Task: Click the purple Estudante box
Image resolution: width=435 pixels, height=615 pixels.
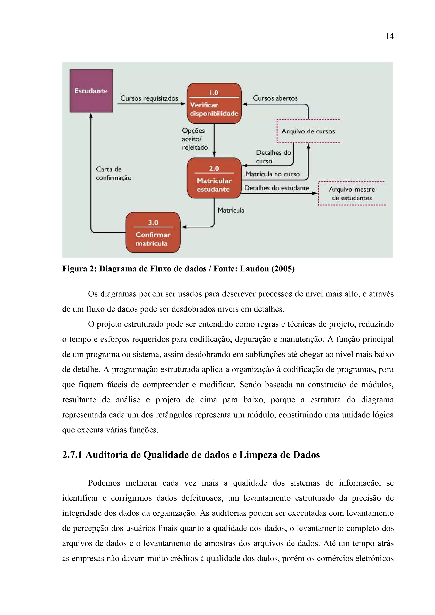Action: [91, 91]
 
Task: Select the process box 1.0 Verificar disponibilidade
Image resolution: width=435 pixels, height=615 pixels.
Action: [214, 103]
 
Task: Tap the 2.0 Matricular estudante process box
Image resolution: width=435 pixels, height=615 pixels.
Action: [214, 178]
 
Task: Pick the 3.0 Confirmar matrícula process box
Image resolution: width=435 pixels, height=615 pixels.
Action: [153, 232]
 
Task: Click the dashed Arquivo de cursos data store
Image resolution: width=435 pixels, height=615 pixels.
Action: [308, 131]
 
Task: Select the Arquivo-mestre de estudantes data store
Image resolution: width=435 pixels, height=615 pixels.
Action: [352, 193]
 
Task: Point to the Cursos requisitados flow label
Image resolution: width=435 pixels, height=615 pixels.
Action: [149, 98]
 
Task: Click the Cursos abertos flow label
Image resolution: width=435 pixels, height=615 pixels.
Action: [275, 98]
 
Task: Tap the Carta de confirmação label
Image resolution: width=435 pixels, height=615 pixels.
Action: [113, 174]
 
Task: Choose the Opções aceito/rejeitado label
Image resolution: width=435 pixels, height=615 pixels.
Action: [195, 139]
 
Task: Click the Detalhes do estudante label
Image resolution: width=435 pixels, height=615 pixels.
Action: [277, 188]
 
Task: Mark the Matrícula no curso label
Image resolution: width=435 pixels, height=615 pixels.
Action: [273, 174]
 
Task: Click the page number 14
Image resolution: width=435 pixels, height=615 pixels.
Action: [389, 36]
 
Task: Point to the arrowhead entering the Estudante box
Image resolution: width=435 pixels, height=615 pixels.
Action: [91, 115]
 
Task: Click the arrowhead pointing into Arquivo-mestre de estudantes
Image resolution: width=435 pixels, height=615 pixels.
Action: [315, 193]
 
